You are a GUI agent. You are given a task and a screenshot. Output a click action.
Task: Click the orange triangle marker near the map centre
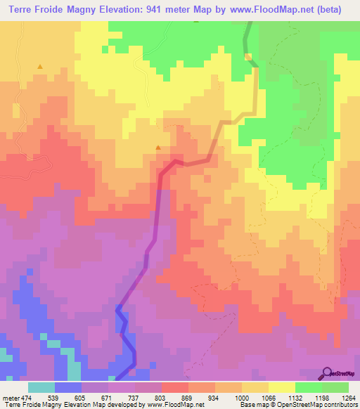pyautogui.click(x=158, y=148)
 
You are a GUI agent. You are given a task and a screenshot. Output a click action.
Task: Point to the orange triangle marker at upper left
pyautogui.click(x=40, y=67)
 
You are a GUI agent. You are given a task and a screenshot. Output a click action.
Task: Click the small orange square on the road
pyautogui.click(x=247, y=56)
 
